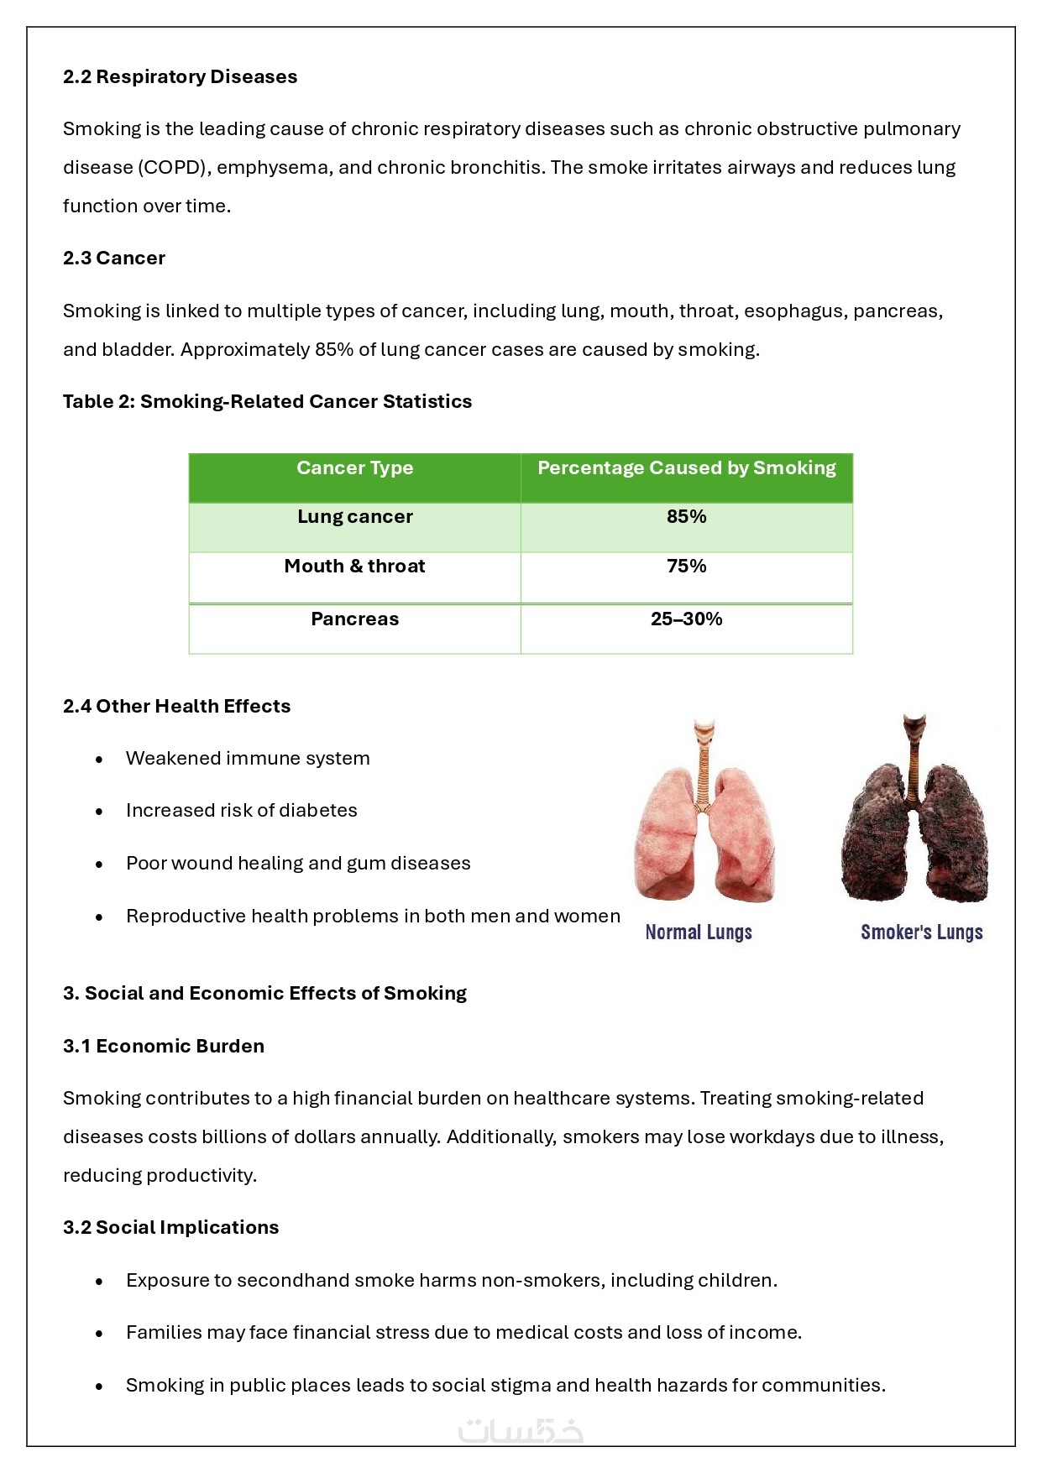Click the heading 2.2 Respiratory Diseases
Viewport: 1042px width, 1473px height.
pos(180,76)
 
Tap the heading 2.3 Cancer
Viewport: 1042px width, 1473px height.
pos(113,258)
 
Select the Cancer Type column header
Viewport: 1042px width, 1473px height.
pos(354,468)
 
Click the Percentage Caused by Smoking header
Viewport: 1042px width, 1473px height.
pos(686,468)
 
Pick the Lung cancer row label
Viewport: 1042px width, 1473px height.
pos(354,517)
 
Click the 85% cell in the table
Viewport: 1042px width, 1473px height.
pos(686,517)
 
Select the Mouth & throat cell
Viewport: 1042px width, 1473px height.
pos(354,567)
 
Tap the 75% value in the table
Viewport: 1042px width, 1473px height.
pos(686,567)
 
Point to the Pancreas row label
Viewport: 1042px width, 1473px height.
pos(354,619)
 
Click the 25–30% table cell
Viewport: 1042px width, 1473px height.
pos(686,619)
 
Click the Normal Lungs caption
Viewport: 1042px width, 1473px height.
pos(699,932)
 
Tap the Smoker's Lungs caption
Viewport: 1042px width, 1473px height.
pos(921,932)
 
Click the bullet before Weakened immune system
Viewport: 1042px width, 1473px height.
pos(99,760)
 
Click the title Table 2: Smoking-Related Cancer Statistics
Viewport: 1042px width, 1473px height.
pos(267,401)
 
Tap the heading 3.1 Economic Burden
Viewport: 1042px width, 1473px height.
pos(163,1046)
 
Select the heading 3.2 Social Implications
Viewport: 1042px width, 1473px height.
pos(170,1227)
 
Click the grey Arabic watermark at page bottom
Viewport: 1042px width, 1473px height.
pos(521,1429)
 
